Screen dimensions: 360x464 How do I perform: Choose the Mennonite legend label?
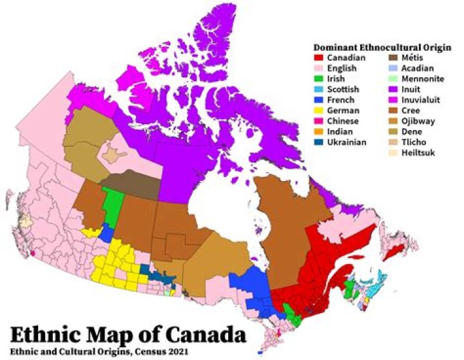(x=422, y=79)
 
